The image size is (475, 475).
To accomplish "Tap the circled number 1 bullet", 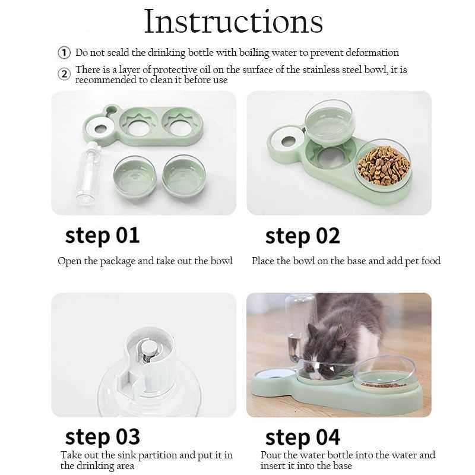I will point(64,53).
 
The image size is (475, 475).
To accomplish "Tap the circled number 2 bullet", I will point(64,74).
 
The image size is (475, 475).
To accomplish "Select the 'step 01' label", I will point(102,235).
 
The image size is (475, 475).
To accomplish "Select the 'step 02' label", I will point(302,236).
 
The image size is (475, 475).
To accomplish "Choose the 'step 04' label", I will point(302,438).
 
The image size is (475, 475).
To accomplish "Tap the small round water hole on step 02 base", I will point(289,141).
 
